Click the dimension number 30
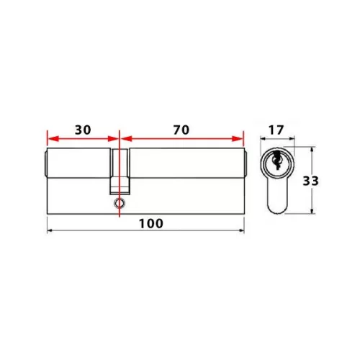82,130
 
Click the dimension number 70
181,130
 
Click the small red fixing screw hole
118,204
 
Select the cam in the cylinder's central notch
119,185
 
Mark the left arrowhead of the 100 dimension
50,230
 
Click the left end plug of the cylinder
45,166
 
